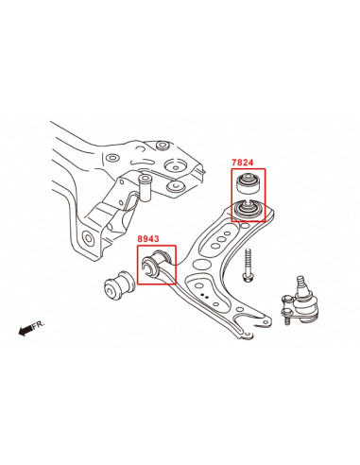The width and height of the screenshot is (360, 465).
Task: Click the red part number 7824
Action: pos(244,163)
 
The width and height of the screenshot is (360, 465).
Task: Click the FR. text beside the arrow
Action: pos(39,323)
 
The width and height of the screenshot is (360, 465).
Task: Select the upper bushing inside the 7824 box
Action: pos(249,181)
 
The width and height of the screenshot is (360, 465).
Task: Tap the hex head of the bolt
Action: pos(247,278)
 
